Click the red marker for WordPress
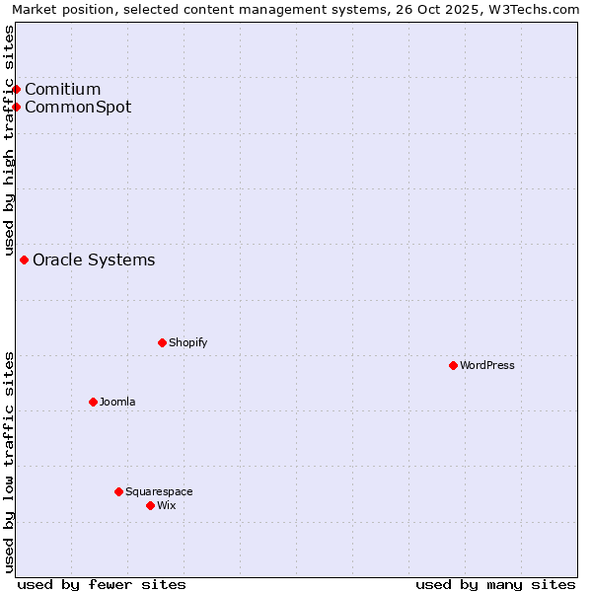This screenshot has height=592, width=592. click(453, 365)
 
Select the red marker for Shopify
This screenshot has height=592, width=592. click(162, 342)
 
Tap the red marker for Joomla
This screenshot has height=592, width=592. click(93, 402)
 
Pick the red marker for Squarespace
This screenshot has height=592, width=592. click(118, 491)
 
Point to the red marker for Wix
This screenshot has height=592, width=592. click(150, 505)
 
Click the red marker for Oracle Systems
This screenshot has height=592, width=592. click(24, 259)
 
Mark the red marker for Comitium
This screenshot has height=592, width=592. click(16, 89)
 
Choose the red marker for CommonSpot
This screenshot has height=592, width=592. click(16, 107)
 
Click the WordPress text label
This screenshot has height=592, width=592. click(487, 365)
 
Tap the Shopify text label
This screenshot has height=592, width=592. click(187, 342)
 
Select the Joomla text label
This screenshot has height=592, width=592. click(117, 402)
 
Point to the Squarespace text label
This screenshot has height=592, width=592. click(159, 491)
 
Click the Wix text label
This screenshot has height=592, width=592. click(167, 505)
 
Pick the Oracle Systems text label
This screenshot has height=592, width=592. click(94, 260)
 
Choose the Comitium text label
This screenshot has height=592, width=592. click(63, 90)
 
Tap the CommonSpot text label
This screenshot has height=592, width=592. click(78, 108)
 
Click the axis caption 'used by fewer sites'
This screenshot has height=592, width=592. click(102, 584)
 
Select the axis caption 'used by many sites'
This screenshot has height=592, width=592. click(495, 584)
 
